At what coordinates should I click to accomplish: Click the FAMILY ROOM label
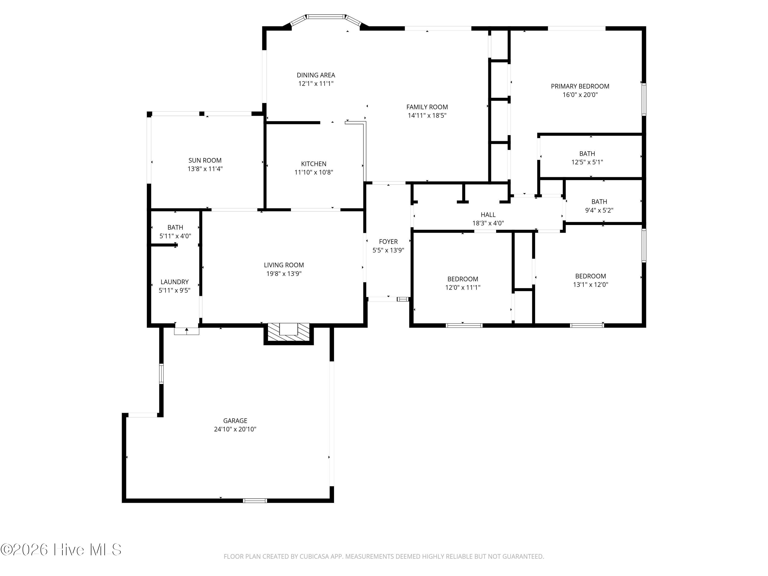tap(427, 107)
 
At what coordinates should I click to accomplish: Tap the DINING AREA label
tap(316, 75)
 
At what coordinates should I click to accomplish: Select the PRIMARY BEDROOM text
tap(580, 86)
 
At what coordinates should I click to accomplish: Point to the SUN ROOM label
tap(205, 161)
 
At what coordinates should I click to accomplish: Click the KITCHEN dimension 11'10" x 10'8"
tap(314, 172)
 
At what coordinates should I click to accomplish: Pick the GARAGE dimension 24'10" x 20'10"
tap(235, 429)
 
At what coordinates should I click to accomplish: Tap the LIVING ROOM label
tap(284, 265)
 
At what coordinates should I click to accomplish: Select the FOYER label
tap(388, 242)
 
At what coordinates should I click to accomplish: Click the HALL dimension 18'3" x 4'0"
tap(488, 223)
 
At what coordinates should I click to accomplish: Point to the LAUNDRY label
tap(175, 282)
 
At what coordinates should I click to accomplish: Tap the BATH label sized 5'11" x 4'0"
tap(175, 227)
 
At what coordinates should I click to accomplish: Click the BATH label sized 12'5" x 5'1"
tap(587, 153)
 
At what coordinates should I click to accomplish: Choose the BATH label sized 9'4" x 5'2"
tap(599, 202)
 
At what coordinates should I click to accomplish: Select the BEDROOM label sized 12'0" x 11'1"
tap(463, 279)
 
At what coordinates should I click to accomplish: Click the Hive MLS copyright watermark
tap(61, 550)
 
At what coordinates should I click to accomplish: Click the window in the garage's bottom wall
tap(254, 500)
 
